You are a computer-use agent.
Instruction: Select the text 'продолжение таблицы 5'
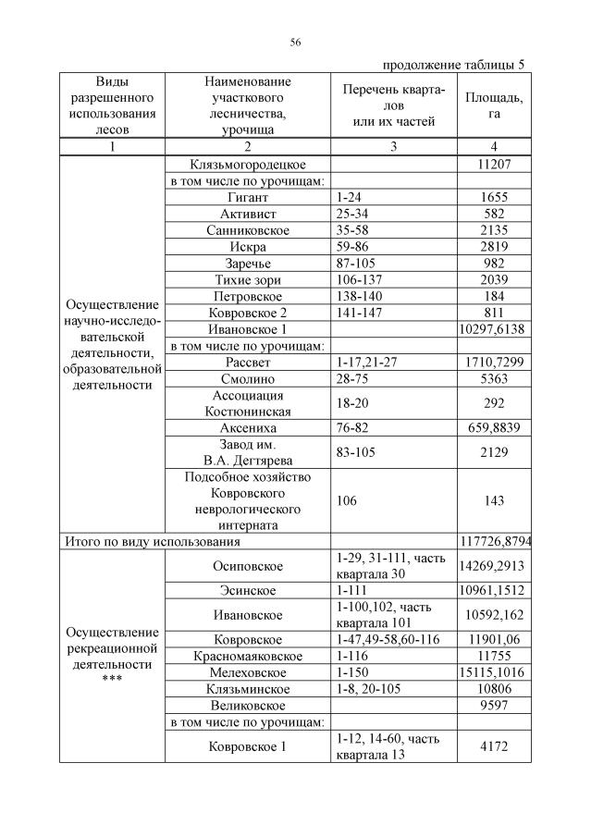coord(453,65)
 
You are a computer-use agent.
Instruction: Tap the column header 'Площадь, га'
coord(493,105)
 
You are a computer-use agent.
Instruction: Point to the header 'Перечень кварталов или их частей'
coord(393,105)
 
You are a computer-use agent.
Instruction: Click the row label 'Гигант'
coord(248,197)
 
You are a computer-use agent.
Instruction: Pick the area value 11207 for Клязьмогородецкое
coord(493,164)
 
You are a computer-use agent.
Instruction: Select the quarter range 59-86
coord(354,247)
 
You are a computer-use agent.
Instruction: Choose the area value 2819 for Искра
coord(493,247)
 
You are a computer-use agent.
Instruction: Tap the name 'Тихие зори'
coord(248,280)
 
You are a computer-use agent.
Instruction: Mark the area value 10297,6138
coord(493,329)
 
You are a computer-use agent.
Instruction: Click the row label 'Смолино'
coord(248,379)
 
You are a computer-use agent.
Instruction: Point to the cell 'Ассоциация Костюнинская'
coord(248,403)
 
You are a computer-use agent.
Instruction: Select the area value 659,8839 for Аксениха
coord(493,428)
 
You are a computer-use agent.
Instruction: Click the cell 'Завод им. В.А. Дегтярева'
coord(248,452)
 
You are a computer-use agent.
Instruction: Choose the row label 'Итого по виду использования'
coord(151,541)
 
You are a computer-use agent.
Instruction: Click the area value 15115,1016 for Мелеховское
coord(493,672)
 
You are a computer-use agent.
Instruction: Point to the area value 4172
coord(493,746)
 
